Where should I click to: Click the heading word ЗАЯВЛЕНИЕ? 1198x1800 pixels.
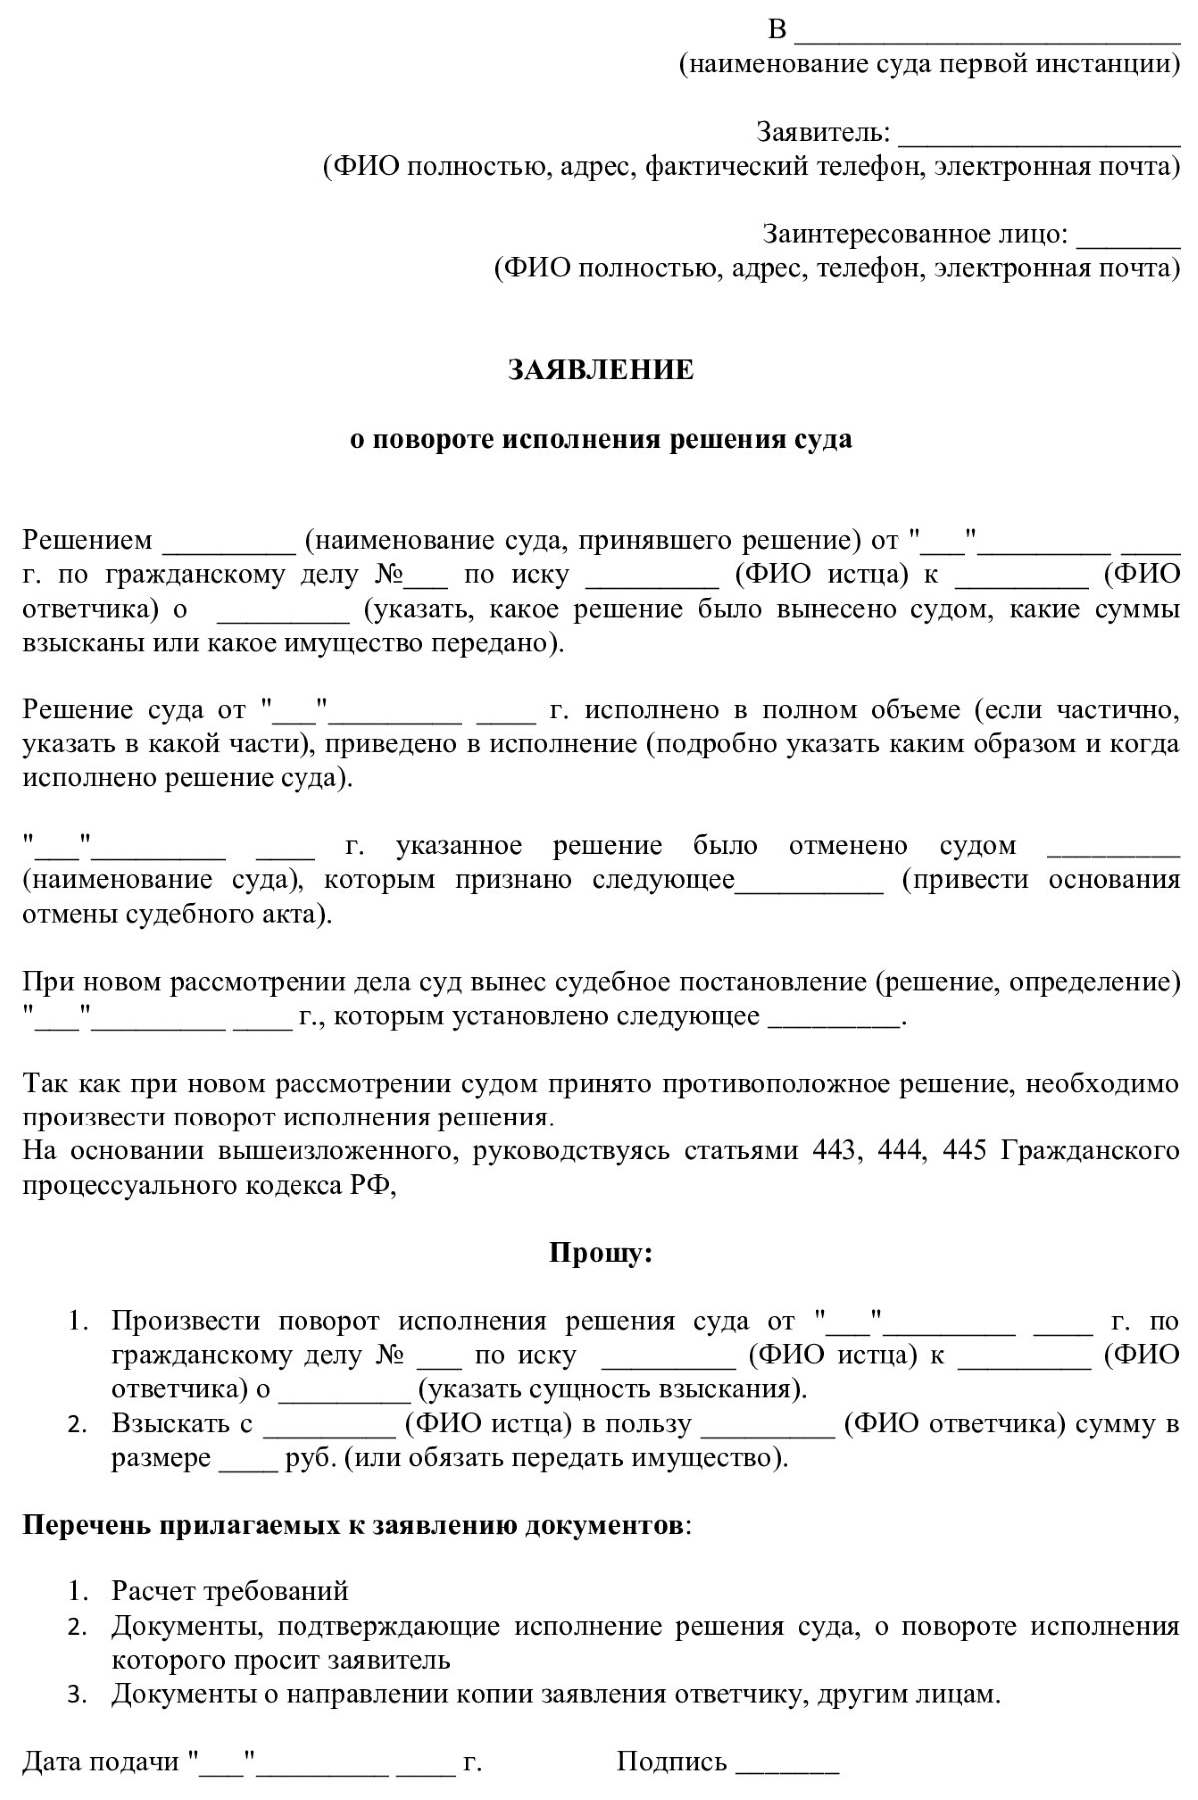[600, 370]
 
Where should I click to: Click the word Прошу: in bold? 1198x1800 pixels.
[600, 1252]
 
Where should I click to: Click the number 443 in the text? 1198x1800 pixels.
[835, 1150]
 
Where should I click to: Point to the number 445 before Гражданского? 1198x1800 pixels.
[964, 1150]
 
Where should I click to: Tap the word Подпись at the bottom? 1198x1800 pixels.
[671, 1761]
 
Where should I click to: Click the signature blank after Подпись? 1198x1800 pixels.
[787, 1764]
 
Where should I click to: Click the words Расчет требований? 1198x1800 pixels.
[230, 1591]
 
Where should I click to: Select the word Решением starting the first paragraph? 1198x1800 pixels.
[88, 541]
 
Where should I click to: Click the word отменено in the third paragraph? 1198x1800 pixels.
[848, 846]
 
